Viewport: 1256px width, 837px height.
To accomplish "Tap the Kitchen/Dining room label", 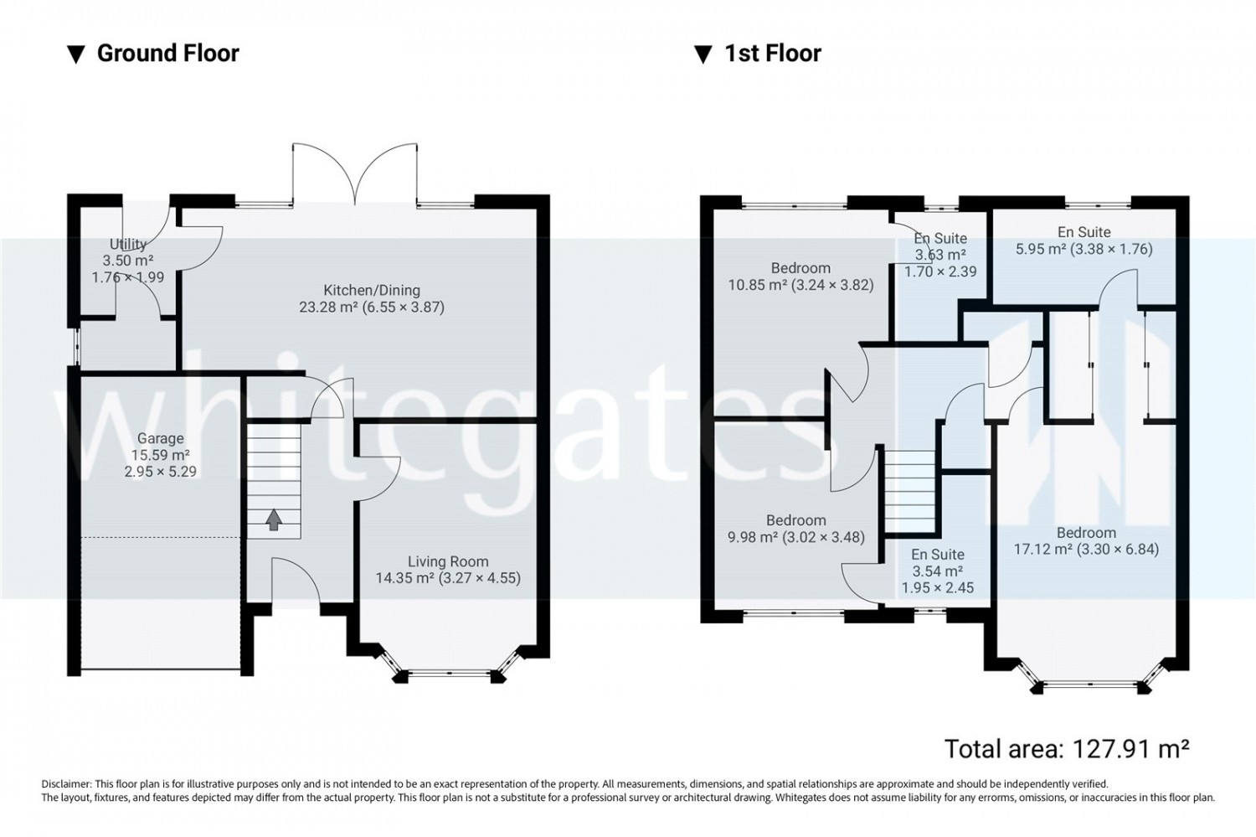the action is pyautogui.click(x=372, y=290).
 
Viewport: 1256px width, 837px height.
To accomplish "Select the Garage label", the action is pyautogui.click(x=161, y=438).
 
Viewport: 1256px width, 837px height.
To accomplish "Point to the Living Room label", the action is pyautogui.click(x=448, y=561).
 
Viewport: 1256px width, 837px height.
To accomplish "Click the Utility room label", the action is pyautogui.click(x=128, y=244).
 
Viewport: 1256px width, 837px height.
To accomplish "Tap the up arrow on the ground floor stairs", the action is pyautogui.click(x=274, y=519).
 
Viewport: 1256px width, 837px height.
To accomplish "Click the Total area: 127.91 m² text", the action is pyautogui.click(x=1067, y=748).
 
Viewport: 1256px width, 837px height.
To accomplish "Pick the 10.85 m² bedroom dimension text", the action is pyautogui.click(x=800, y=285).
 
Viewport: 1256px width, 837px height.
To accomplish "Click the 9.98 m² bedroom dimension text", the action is pyautogui.click(x=796, y=537).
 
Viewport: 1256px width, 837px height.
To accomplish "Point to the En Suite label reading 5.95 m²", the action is pyautogui.click(x=1084, y=232).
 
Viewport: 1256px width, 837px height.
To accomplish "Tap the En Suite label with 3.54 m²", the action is pyautogui.click(x=938, y=555).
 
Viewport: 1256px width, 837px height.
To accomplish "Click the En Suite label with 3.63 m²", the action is pyautogui.click(x=940, y=238).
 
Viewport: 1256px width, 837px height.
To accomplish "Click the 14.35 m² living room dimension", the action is pyautogui.click(x=448, y=578).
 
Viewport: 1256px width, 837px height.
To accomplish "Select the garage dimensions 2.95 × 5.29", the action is pyautogui.click(x=161, y=471).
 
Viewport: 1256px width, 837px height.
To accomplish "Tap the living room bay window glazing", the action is pyautogui.click(x=449, y=672).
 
